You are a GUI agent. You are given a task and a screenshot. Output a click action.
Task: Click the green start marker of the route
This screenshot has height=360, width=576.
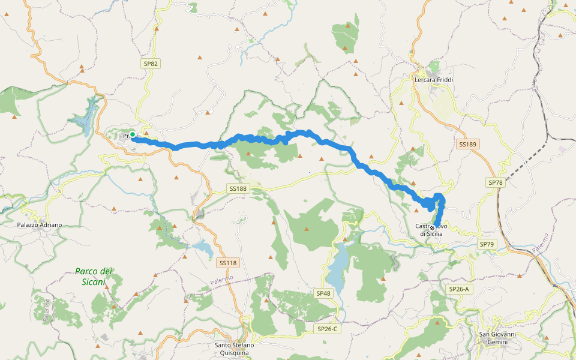coord(133,134)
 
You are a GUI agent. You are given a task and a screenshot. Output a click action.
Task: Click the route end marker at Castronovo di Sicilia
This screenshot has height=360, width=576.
coord(432,227)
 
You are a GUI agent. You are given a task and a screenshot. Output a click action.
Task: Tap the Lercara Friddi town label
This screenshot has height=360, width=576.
coord(434,79)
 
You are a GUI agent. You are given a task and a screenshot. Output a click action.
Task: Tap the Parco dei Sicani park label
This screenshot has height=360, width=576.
coord(94,276)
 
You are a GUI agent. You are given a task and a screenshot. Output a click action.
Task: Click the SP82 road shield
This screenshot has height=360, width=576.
coord(151,63)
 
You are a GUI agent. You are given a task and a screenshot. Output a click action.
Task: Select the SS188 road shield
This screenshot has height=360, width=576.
coord(238,188)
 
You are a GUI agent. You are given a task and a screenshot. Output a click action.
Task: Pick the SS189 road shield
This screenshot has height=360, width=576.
coord(467,144)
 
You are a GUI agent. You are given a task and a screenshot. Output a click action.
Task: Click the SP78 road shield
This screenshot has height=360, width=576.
coord(495,182)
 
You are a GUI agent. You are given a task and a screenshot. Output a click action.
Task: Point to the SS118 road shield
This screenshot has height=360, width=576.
coord(228,263)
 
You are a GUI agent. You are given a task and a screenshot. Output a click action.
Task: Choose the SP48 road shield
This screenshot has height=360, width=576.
coord(323,293)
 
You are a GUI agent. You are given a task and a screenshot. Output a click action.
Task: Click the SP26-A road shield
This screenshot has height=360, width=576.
coord(458,289)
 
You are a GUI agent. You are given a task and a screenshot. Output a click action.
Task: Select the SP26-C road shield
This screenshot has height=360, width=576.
coord(328,329)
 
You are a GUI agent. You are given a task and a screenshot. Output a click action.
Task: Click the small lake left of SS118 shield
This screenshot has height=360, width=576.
coord(203,248)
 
